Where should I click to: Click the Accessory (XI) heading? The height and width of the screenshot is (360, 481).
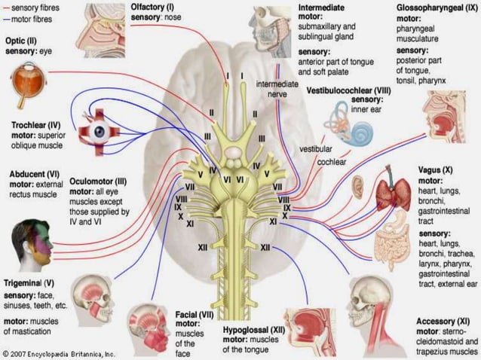coord(446,322)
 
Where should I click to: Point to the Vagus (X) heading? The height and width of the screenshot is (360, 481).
coord(435,171)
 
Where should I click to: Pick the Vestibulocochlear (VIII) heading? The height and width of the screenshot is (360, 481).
coord(351,90)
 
